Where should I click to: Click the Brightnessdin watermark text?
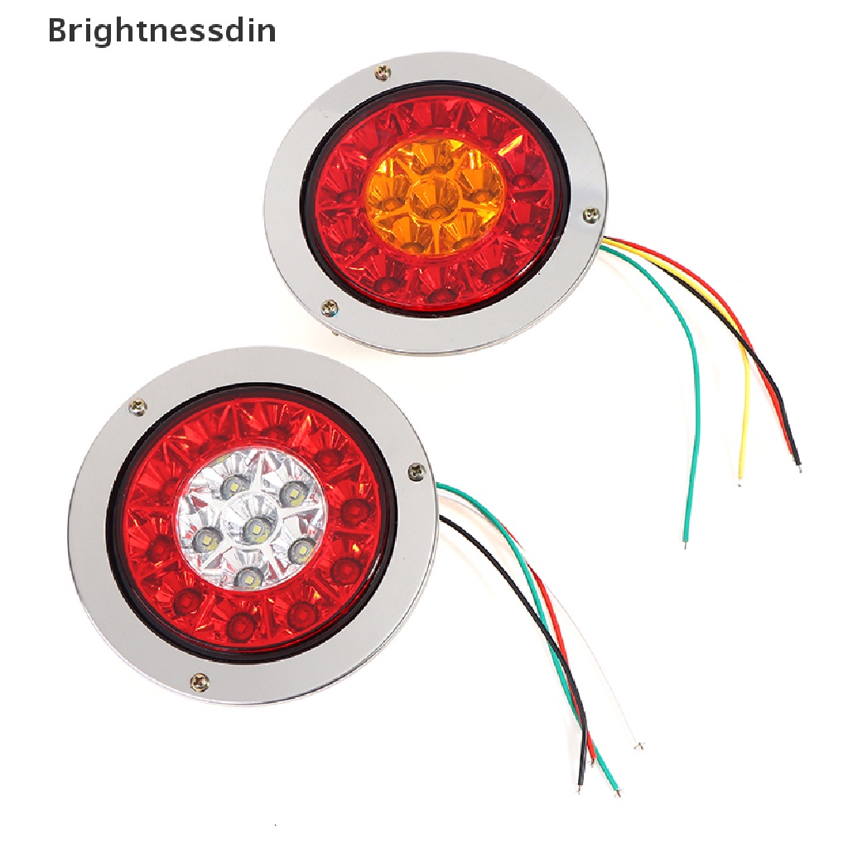pyautogui.click(x=161, y=31)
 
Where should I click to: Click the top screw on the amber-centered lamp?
pyautogui.click(x=382, y=72)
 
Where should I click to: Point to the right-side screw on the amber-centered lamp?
pyautogui.click(x=590, y=214)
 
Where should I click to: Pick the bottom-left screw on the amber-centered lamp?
pyautogui.click(x=329, y=307)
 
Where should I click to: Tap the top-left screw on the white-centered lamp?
pyautogui.click(x=137, y=407)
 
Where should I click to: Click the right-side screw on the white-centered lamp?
pyautogui.click(x=415, y=472)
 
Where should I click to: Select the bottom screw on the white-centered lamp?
pyautogui.click(x=199, y=682)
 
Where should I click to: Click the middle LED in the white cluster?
pyautogui.click(x=258, y=527)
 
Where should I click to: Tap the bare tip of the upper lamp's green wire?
pyautogui.click(x=686, y=542)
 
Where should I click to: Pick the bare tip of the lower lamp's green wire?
pyautogui.click(x=617, y=792)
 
